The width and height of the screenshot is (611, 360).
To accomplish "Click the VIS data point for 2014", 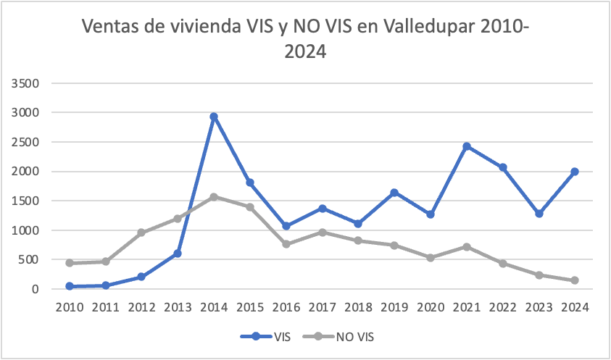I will click(214, 117).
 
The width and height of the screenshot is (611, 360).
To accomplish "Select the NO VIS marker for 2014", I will click(214, 197).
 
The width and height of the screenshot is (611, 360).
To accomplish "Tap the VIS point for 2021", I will click(467, 146).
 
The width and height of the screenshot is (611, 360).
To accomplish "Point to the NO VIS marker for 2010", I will click(69, 263).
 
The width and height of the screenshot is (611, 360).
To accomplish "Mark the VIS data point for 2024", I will click(575, 172).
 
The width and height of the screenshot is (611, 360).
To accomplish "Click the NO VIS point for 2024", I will click(575, 280).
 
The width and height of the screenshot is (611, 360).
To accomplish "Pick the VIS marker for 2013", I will click(178, 254).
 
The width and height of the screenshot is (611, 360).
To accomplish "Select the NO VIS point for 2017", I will click(322, 232).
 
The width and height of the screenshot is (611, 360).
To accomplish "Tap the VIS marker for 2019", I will click(394, 193).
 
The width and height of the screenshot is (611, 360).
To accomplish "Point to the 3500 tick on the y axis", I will click(25, 83).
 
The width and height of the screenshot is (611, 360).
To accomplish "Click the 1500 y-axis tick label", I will click(25, 201).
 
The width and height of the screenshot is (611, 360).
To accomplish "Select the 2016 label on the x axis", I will click(286, 307).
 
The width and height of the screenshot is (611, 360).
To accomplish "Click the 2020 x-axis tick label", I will click(431, 307).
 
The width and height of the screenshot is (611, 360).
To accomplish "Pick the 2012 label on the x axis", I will click(141, 307).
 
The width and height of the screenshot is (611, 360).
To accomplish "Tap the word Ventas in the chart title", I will click(115, 27).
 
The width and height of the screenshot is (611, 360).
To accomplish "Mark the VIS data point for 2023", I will click(539, 214).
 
